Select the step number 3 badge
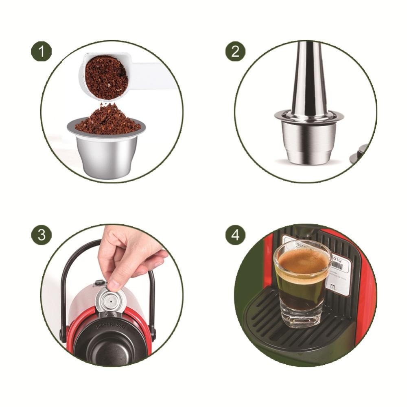pyautogui.click(x=42, y=235)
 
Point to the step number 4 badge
pyautogui.click(x=235, y=235)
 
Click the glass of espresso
pyautogui.click(x=302, y=285)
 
